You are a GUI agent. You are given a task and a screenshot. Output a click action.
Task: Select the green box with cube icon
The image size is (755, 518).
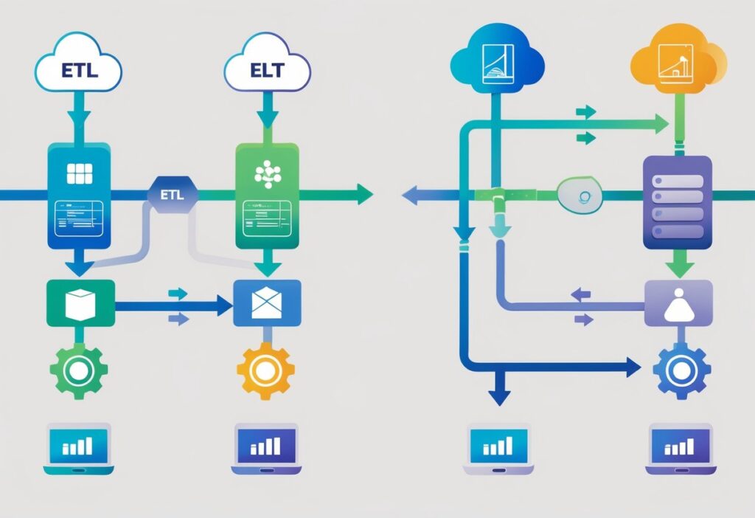(x=80, y=303)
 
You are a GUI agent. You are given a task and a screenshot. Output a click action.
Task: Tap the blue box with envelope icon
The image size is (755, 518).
(x=267, y=303)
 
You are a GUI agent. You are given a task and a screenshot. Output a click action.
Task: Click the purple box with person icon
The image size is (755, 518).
(x=678, y=303)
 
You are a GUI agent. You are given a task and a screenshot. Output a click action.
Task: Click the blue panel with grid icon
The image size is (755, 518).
(x=79, y=196)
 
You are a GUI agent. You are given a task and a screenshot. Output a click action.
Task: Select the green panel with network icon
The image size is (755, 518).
(x=266, y=196)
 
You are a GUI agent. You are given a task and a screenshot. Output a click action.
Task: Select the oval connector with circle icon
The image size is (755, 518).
(x=582, y=196)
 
